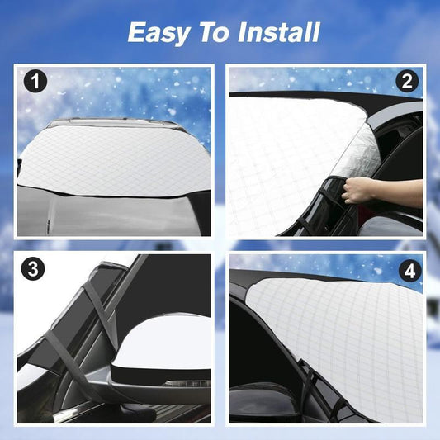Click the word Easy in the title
click(158, 33)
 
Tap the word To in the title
click(214, 33)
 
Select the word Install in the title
click(279, 32)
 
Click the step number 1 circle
click(35, 82)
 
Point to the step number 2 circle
click(407, 82)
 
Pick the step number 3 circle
click(32, 268)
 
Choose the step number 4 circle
click(410, 272)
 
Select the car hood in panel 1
click(112, 215)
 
